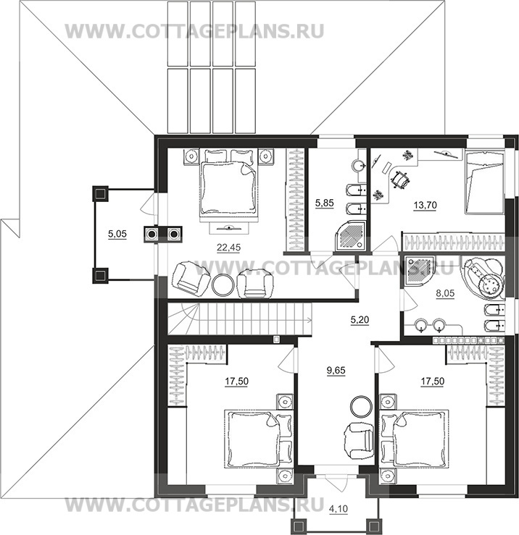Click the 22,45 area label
[x=228, y=248]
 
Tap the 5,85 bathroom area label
[x=324, y=203]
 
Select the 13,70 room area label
[x=425, y=205]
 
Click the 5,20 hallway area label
[x=360, y=320]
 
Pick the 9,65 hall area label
[x=336, y=370]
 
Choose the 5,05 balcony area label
[x=117, y=234]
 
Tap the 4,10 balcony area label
[x=339, y=509]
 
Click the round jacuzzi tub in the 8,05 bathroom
[x=483, y=278]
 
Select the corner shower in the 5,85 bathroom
[x=351, y=235]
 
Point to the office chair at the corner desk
[x=400, y=179]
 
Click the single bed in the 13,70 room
[x=483, y=183]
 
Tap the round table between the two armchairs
[x=223, y=284]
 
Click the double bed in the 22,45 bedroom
[x=229, y=188]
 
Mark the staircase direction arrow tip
[x=311, y=320]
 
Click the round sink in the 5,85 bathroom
[x=359, y=166]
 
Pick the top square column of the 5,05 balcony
[x=100, y=193]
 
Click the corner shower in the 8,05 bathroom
[x=418, y=271]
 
